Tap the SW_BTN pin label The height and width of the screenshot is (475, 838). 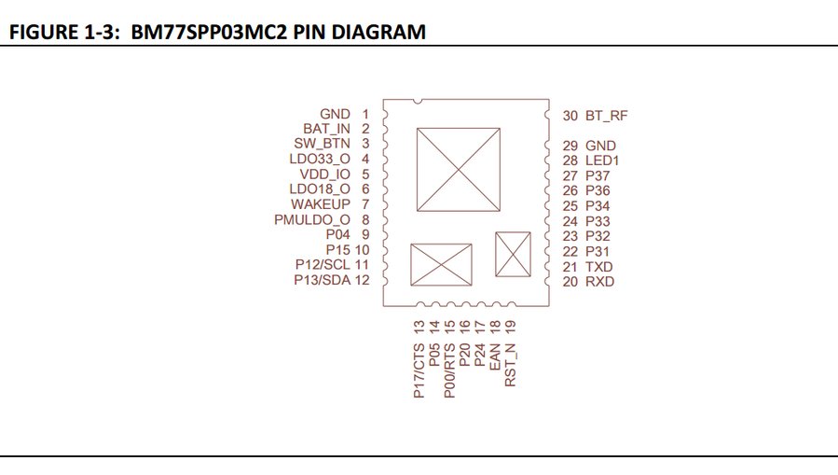click(320, 144)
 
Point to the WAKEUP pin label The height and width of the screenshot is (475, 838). click(320, 203)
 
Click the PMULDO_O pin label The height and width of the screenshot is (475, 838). click(311, 219)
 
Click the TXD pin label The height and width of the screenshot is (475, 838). click(599, 266)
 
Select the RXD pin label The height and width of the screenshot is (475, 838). click(600, 281)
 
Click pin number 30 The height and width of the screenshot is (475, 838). click(570, 116)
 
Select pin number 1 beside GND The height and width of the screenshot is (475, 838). click(365, 114)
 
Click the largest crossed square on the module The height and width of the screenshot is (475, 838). click(460, 169)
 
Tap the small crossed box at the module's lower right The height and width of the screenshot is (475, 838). click(513, 253)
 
